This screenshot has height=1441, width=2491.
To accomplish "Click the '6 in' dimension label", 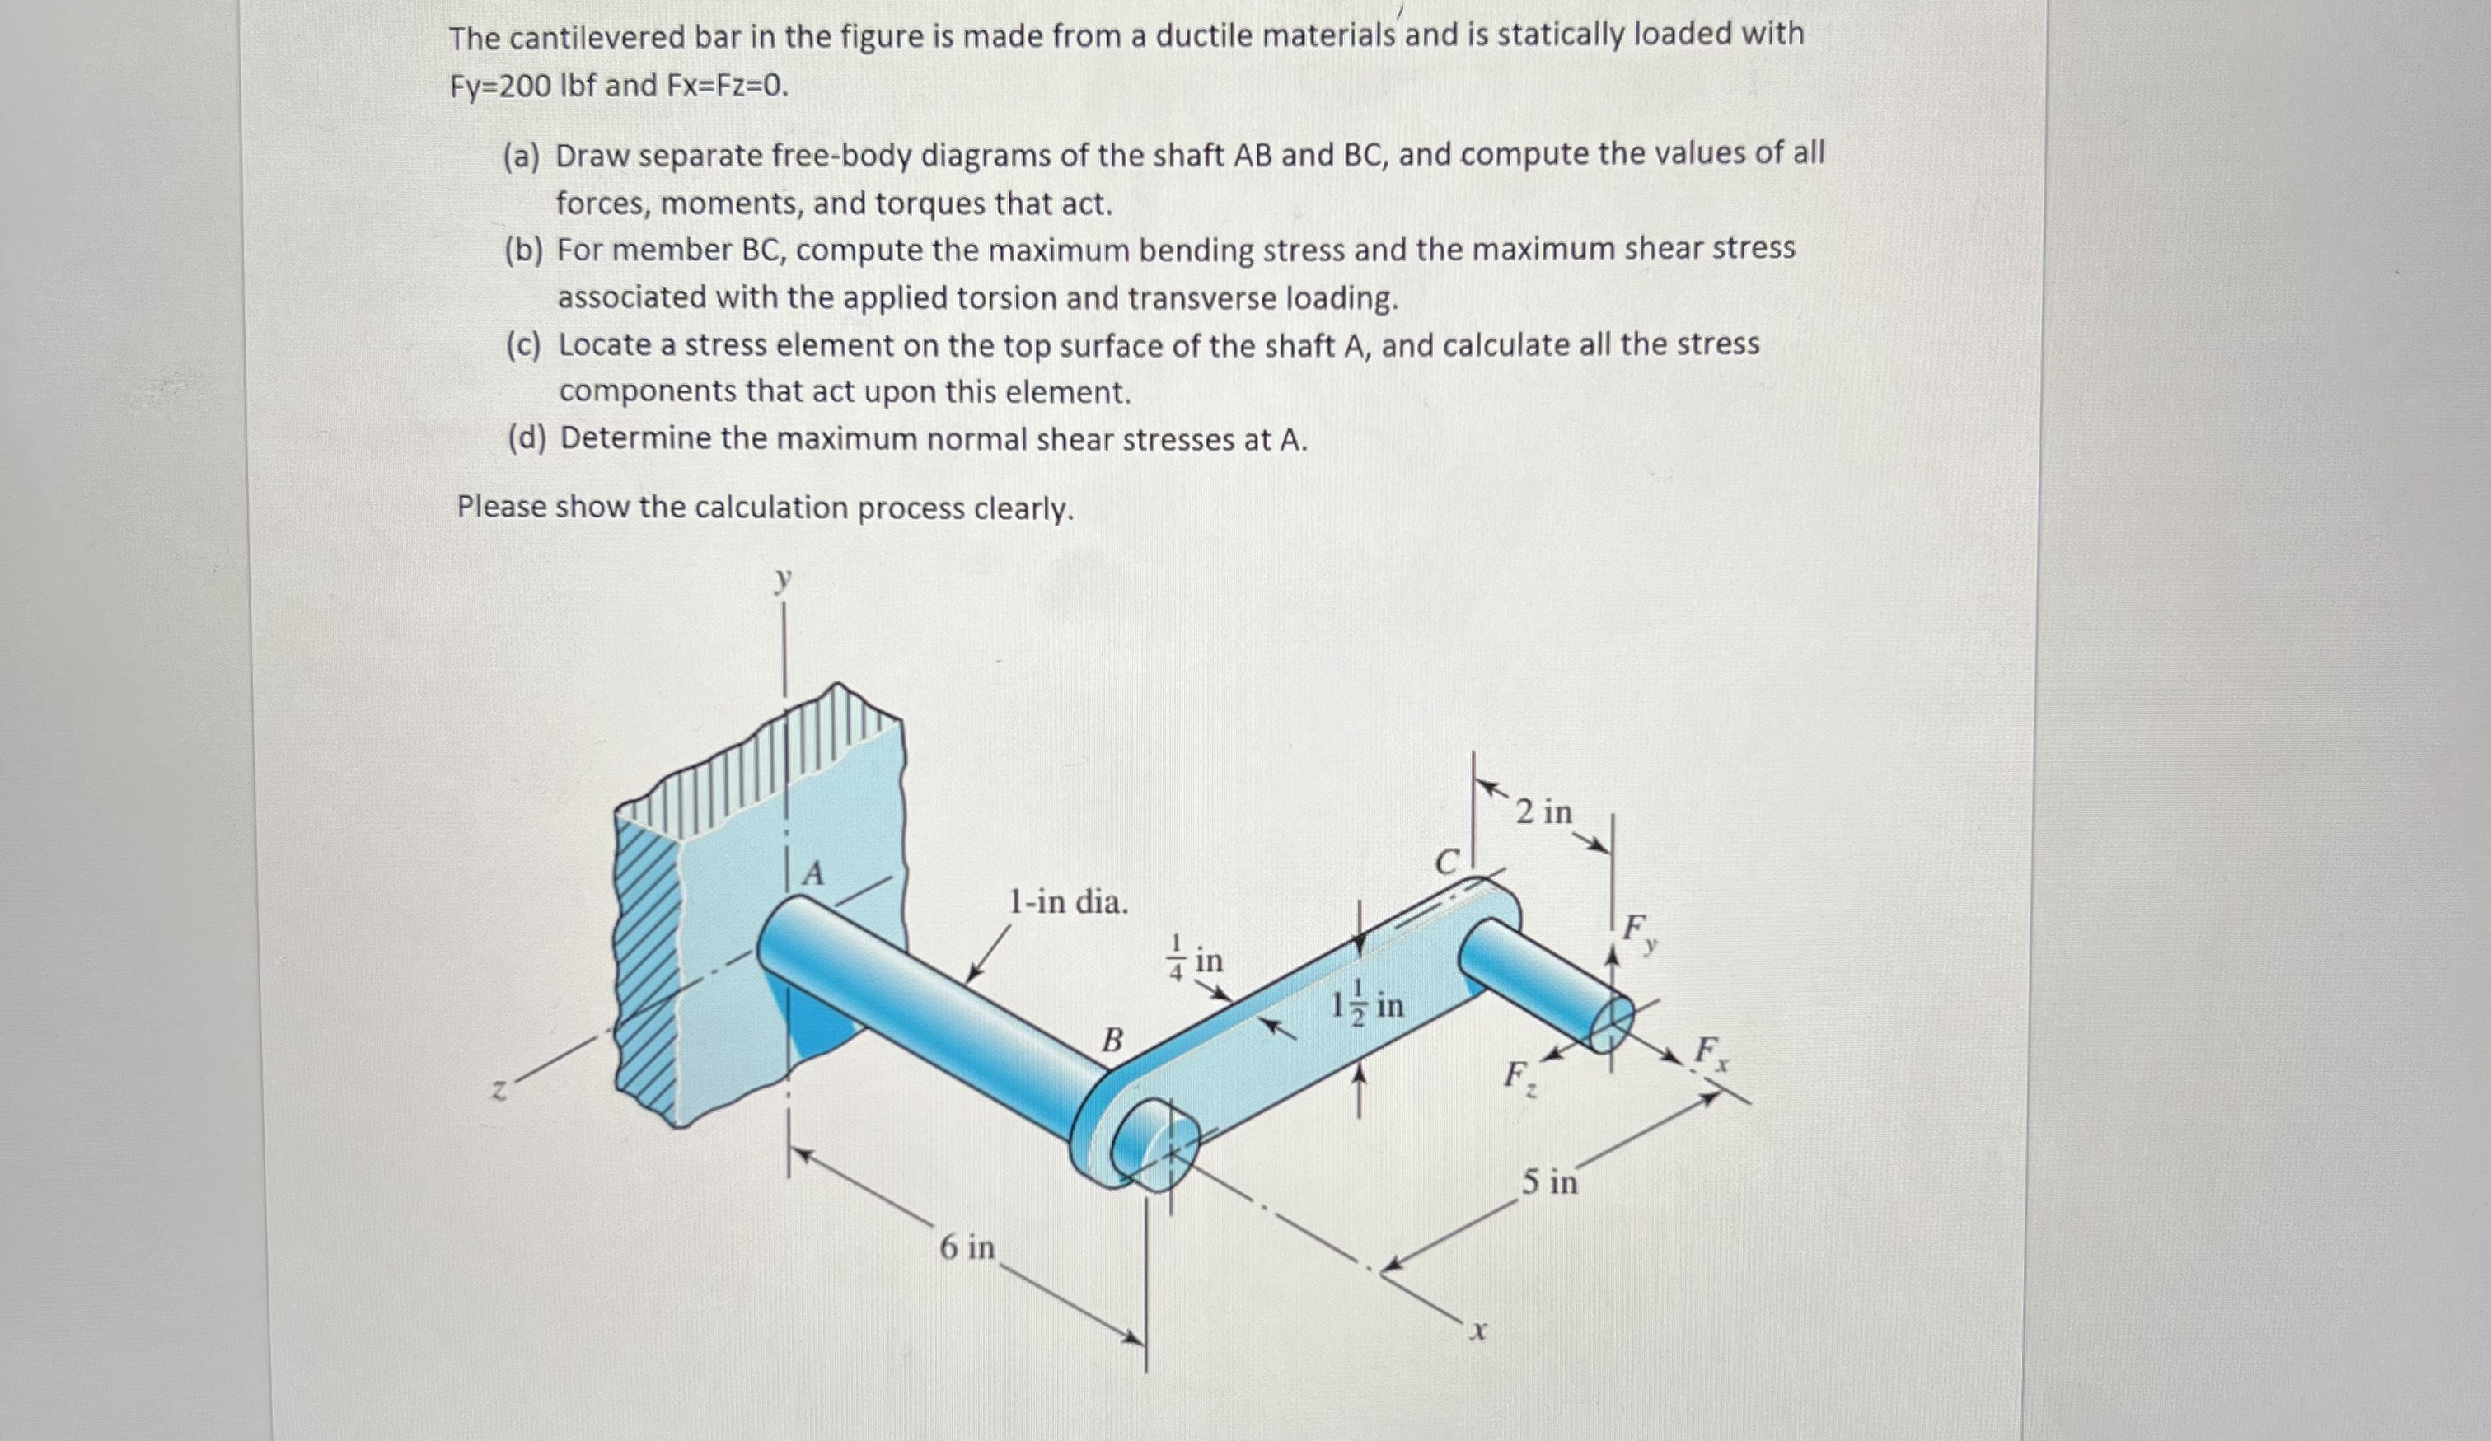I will [967, 1247].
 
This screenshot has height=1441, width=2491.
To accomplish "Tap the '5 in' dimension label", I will [1549, 1181].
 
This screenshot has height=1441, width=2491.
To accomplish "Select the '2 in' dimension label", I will [1543, 812].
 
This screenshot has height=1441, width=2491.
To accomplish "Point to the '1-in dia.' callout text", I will [1068, 901].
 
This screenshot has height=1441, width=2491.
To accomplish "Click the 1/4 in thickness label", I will [1196, 959].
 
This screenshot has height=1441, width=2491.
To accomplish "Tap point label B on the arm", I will [1112, 1040].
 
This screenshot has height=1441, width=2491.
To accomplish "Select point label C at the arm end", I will [1446, 863].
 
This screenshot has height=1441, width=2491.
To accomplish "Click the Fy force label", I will [1638, 931].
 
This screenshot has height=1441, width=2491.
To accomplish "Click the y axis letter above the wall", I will [783, 579].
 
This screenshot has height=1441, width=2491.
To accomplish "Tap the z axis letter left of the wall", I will [501, 1091].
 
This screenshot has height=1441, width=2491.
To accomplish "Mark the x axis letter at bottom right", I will [1477, 1332].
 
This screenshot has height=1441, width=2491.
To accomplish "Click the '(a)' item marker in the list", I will [521, 157].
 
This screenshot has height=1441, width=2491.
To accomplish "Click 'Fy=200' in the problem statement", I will [500, 87].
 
